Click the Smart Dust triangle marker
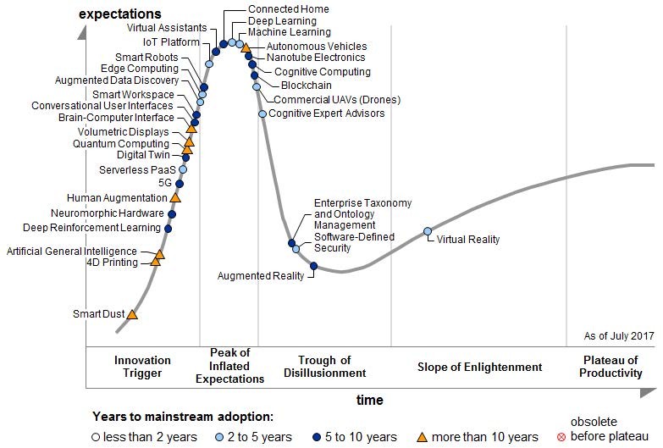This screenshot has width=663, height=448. [132, 314]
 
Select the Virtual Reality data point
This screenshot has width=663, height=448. [428, 231]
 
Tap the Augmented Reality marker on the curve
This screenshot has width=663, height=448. [313, 267]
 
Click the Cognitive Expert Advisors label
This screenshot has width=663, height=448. [326, 113]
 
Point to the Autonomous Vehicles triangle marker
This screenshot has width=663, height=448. [246, 48]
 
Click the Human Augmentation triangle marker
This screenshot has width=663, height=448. [175, 197]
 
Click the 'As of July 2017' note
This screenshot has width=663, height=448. [619, 336]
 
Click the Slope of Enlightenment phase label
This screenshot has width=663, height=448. [479, 367]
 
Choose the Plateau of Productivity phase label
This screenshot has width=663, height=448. [611, 367]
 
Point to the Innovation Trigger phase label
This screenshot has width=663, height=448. [142, 367]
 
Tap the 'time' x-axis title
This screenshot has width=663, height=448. [369, 400]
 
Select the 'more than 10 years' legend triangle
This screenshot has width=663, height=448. [422, 437]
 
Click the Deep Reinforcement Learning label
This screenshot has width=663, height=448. [91, 228]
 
